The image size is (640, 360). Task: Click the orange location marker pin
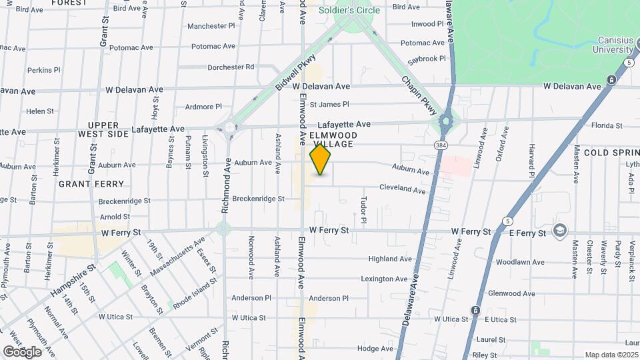pyautogui.click(x=321, y=160)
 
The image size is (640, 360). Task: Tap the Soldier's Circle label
pyautogui.click(x=349, y=10)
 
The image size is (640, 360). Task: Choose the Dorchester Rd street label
pyautogui.click(x=231, y=67)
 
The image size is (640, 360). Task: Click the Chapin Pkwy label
pyautogui.click(x=419, y=95)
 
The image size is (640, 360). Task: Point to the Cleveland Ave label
pyautogui.click(x=402, y=190)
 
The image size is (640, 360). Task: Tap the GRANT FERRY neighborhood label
pyautogui.click(x=91, y=183)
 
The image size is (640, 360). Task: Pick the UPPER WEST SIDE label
pyautogui.click(x=103, y=129)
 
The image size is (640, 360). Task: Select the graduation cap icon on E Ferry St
pyautogui.click(x=559, y=231)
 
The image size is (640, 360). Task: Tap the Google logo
pyautogui.click(x=21, y=351)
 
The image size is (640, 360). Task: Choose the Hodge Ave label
pyautogui.click(x=375, y=349)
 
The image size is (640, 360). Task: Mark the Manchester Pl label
pyautogui.click(x=211, y=26)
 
